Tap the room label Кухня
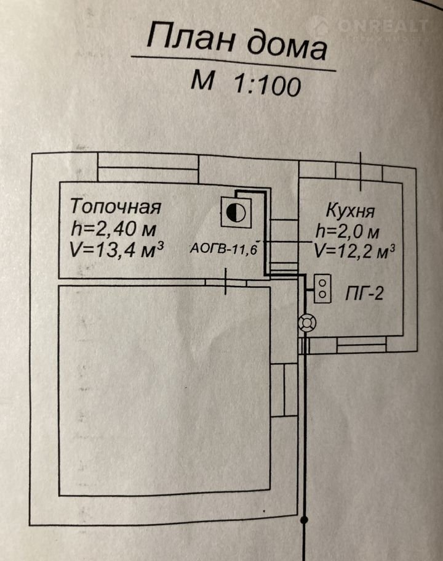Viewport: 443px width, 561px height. point(350,213)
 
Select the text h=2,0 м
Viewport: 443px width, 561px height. point(349,232)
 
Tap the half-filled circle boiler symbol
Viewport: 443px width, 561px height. point(236,213)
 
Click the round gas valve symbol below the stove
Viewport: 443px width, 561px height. point(307,322)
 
